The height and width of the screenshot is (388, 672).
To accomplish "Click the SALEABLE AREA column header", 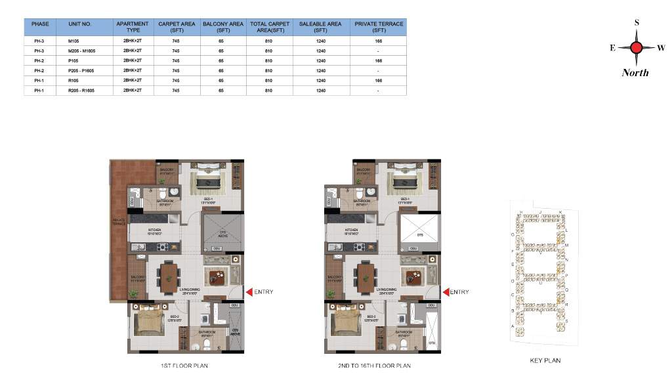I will pos(320,27).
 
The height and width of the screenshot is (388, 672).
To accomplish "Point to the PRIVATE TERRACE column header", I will pos(379,27).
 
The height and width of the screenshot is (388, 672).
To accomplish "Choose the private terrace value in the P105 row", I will pos(379,60).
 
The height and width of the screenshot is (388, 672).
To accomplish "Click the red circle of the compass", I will pos(636,47).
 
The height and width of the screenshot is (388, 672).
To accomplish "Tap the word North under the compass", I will pos(635,73).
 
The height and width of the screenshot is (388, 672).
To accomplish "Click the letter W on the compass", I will pos(661,47).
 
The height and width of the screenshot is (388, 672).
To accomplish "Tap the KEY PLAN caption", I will pos(545,360).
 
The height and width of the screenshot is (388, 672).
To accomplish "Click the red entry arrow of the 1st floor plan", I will pos(248,292).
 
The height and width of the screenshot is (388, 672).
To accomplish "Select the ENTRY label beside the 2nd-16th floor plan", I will pos(459,292).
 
